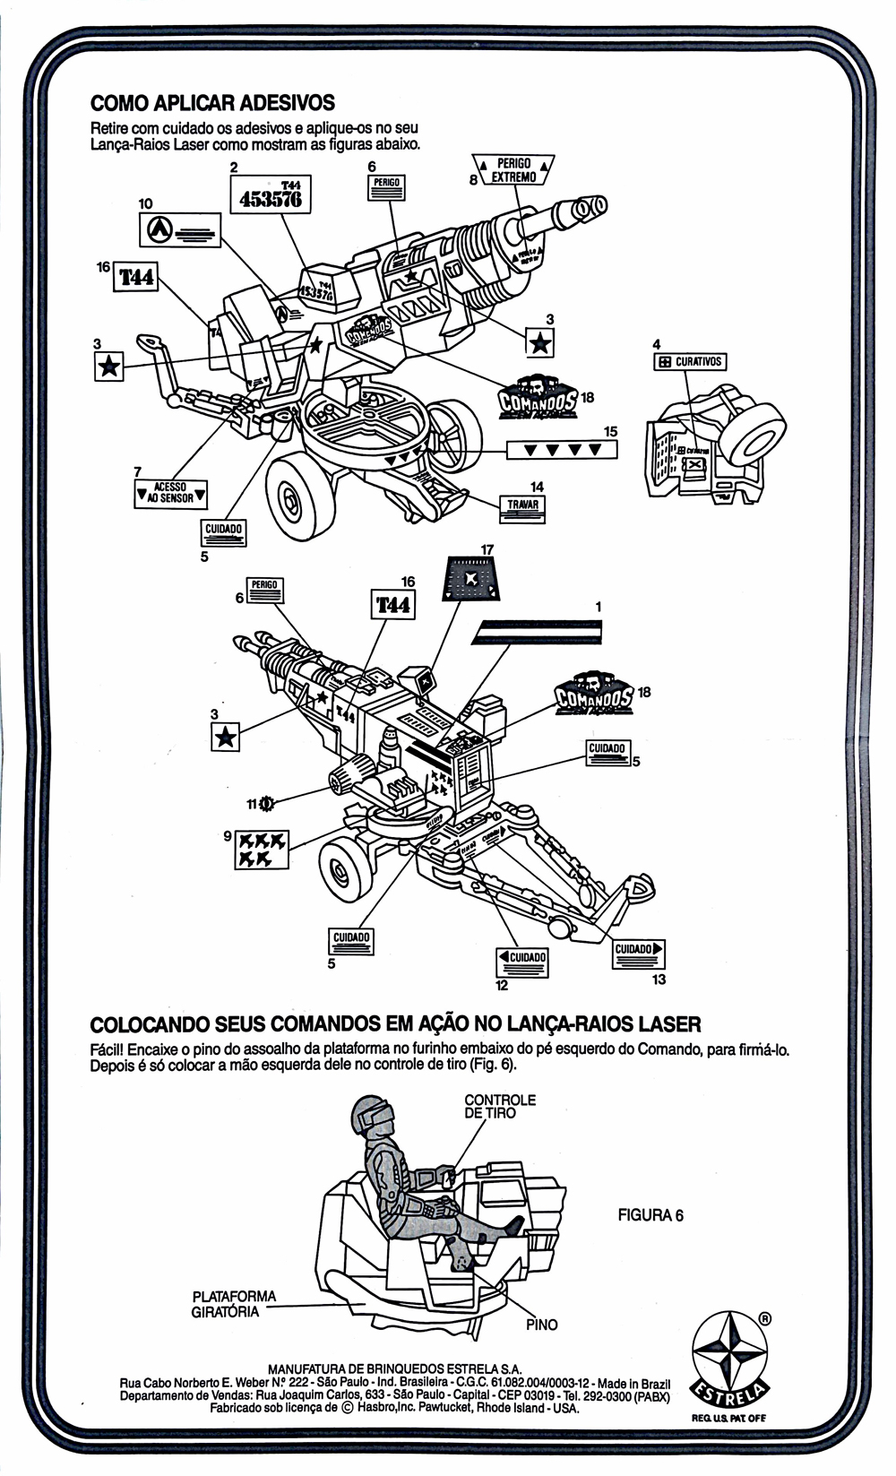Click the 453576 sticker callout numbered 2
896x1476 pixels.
271,194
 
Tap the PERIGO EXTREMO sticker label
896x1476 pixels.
513,170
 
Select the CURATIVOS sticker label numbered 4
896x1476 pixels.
689,362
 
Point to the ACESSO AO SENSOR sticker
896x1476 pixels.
170,492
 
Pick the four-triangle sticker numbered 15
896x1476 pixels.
562,449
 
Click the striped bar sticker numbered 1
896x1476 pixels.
538,634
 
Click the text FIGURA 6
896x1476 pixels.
650,1215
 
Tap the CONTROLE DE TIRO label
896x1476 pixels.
500,1106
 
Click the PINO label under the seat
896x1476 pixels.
541,1325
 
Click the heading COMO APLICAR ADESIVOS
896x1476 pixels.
212,102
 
